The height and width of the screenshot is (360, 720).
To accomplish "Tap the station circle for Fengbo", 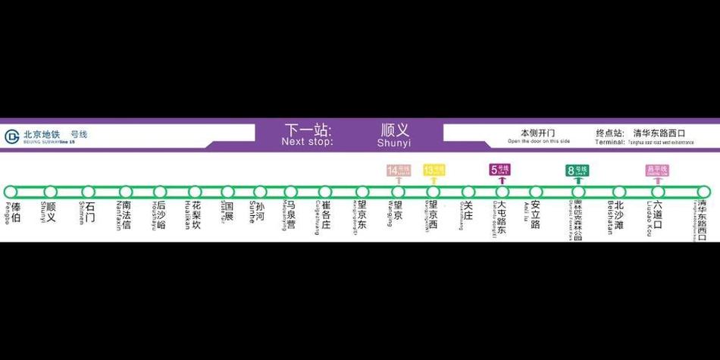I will [11, 192].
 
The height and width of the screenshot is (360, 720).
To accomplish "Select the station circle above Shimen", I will [89, 192].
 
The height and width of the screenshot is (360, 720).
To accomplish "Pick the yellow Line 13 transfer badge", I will [434, 170].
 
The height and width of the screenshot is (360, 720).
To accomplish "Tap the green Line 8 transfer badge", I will [577, 170].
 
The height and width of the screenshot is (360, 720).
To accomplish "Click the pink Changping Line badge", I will [656, 169].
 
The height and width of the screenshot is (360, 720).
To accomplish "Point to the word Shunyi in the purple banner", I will [394, 142].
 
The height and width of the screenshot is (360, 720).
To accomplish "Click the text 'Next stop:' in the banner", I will [307, 142].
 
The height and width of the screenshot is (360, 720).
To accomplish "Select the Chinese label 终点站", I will [609, 133].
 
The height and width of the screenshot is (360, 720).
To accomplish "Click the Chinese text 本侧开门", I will [537, 133].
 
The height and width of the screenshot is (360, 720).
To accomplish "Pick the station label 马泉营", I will [291, 214].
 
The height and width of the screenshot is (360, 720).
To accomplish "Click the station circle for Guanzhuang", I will [468, 192].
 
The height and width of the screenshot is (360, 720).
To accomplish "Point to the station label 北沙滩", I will [618, 214].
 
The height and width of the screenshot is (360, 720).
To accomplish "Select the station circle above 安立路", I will [535, 192].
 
